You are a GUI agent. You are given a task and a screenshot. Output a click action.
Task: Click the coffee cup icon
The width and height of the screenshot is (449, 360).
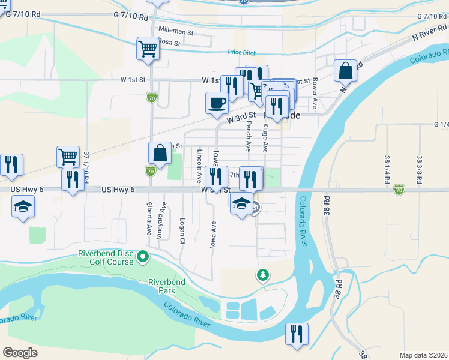(217, 103)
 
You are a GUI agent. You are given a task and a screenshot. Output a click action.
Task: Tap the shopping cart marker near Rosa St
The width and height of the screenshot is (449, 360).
(148, 49)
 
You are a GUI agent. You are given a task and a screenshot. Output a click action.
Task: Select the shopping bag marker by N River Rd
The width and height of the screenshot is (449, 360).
(346, 71)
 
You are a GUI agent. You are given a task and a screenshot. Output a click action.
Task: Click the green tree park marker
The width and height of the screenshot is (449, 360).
(262, 275)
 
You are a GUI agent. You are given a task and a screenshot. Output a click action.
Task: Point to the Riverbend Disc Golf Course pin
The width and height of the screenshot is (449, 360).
(143, 257)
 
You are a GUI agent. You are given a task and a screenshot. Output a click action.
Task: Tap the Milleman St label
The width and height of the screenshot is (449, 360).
(175, 29)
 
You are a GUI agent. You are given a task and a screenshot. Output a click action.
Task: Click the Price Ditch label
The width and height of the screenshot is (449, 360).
(242, 52)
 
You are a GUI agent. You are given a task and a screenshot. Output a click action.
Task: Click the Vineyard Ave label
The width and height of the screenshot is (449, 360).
(160, 221)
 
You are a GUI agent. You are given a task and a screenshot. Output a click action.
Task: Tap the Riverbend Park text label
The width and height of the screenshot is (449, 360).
(166, 286)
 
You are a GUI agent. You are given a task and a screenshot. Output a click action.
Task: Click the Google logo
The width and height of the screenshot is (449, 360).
(20, 352)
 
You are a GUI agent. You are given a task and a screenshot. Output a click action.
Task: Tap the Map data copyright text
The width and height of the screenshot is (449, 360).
(423, 355)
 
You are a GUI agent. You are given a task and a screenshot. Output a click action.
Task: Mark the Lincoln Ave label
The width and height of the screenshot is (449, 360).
(199, 166)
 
